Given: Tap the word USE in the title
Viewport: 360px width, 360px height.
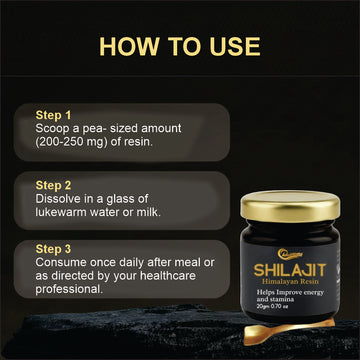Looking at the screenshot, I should [230, 45].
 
